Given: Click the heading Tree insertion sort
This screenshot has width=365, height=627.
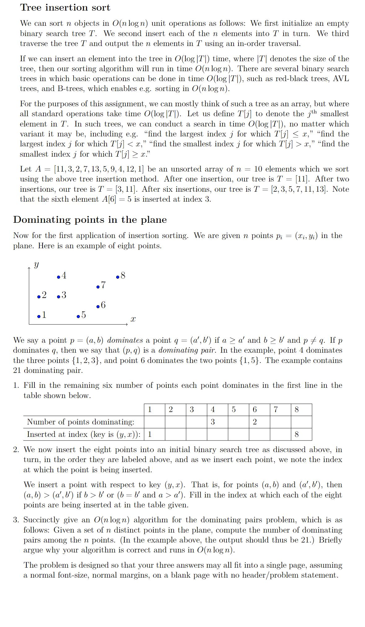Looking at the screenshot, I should tap(65, 7).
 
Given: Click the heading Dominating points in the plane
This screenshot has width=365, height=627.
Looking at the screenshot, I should tap(90, 220).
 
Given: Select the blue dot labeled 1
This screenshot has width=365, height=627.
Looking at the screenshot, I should tap(39, 317).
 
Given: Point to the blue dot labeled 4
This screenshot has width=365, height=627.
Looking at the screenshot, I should tap(59, 277).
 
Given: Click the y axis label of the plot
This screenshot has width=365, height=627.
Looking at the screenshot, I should tap(36, 265).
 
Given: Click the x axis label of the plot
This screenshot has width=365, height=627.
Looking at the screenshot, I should tap(133, 319).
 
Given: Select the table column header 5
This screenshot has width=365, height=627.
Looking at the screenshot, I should tap(234, 410).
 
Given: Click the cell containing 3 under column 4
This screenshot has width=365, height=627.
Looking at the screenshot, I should tap(212, 422).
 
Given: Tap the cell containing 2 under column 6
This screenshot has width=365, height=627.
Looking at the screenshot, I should tap(255, 422).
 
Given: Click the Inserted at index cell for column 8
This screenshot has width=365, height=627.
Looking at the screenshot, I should tap(296, 434).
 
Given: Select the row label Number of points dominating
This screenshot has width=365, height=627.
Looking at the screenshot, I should tap(81, 422).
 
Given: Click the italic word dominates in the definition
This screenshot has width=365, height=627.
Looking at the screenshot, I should tap(125, 340).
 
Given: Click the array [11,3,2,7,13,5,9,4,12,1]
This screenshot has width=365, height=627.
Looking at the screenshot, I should tap(99, 169).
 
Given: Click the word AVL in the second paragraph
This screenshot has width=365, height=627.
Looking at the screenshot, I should tap(341, 79).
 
